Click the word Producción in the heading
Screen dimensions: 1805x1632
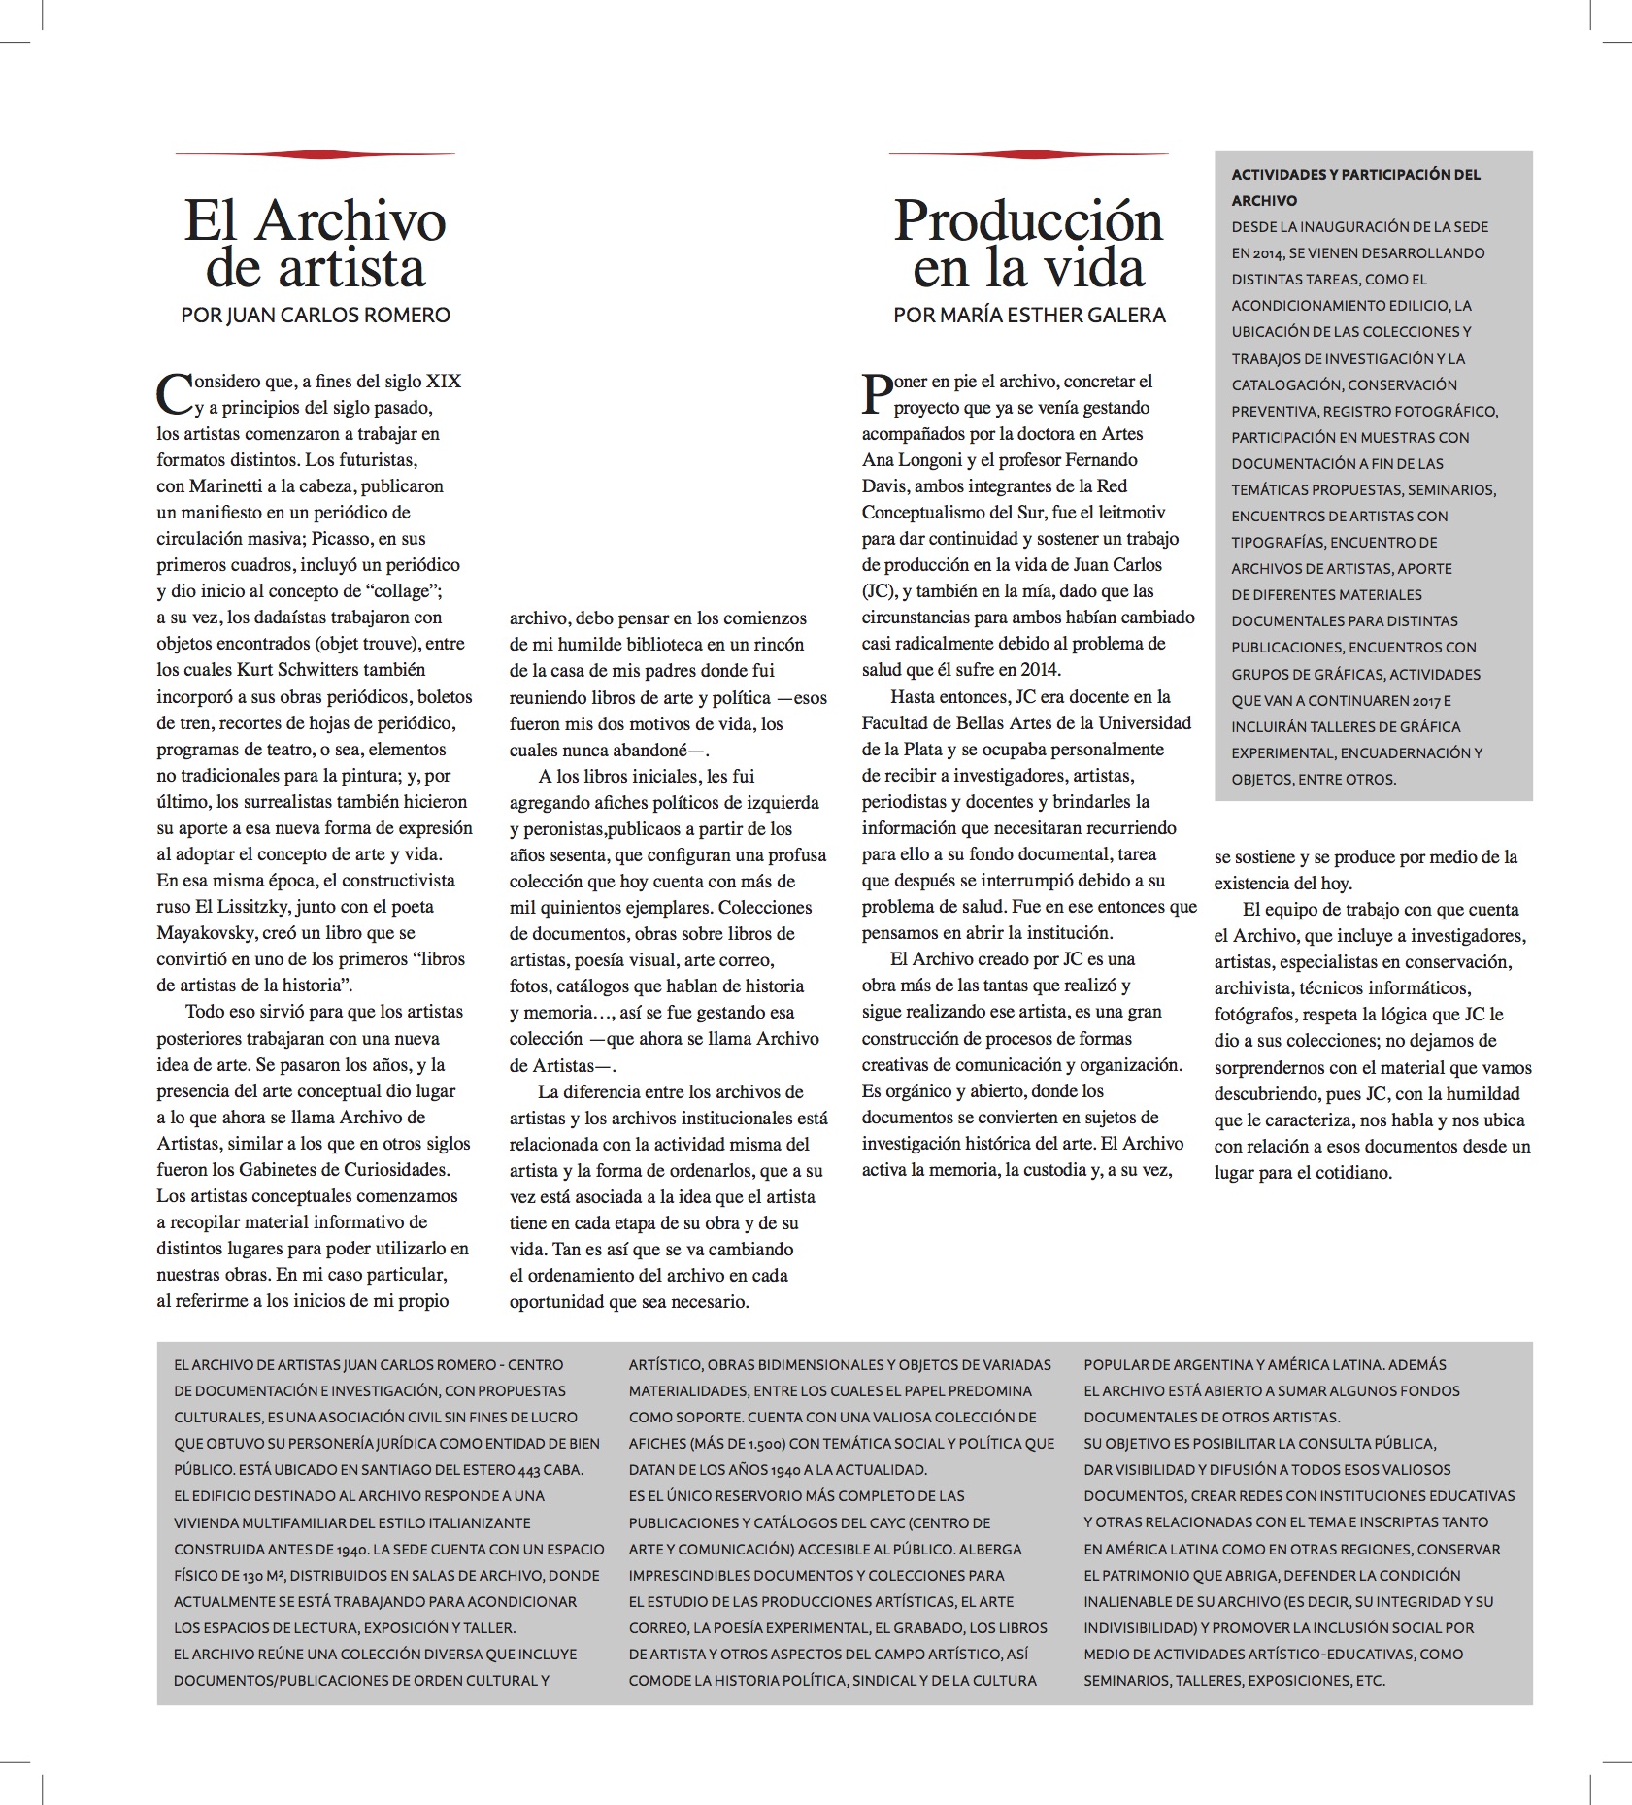tap(1028, 222)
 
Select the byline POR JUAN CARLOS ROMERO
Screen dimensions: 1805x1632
tap(316, 316)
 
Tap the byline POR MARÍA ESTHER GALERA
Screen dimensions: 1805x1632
tap(1029, 316)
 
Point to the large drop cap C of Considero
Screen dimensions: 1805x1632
tap(174, 393)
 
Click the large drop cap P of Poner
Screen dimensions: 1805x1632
tap(877, 393)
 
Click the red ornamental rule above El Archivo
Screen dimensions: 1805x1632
tap(316, 154)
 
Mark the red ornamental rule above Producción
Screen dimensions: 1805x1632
tap(1028, 154)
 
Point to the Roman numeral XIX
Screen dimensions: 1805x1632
tap(444, 382)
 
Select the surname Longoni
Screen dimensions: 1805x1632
tap(998, 460)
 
